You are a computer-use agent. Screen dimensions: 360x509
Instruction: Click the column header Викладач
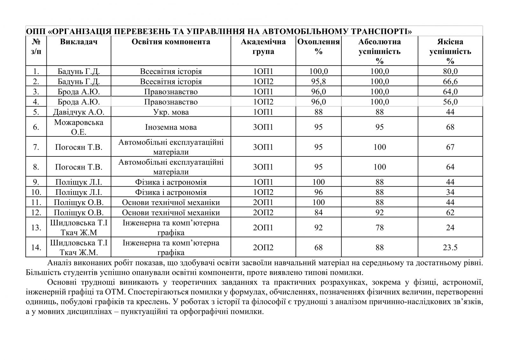pyautogui.click(x=79, y=42)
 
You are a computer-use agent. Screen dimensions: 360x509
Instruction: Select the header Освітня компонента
pyautogui.click(x=171, y=42)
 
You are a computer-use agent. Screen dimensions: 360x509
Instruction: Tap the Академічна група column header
pyautogui.click(x=263, y=46)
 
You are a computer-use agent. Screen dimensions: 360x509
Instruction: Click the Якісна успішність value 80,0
pyautogui.click(x=450, y=71)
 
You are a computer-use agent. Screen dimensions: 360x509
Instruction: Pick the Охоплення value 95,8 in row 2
pyautogui.click(x=318, y=81)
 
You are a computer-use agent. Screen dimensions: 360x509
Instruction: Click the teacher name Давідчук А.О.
pyautogui.click(x=79, y=112)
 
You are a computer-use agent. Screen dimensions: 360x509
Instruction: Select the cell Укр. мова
pyautogui.click(x=171, y=112)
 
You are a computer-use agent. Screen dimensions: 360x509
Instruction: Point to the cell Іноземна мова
pyautogui.click(x=171, y=127)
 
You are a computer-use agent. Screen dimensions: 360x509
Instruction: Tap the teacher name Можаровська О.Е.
pyautogui.click(x=79, y=127)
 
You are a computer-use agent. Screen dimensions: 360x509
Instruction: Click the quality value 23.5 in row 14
pyautogui.click(x=450, y=247)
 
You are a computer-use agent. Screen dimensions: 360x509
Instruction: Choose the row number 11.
pyautogui.click(x=36, y=202)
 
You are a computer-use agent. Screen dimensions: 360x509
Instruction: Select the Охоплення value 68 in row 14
pyautogui.click(x=318, y=247)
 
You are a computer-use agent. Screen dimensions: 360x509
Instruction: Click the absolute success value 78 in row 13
pyautogui.click(x=380, y=228)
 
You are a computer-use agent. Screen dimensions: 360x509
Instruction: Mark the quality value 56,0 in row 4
pyautogui.click(x=450, y=102)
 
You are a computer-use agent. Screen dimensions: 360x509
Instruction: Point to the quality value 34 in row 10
pyautogui.click(x=450, y=192)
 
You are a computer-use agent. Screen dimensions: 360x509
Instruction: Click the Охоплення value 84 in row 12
pyautogui.click(x=318, y=212)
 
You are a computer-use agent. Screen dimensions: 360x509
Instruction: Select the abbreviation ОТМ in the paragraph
pyautogui.click(x=118, y=292)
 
